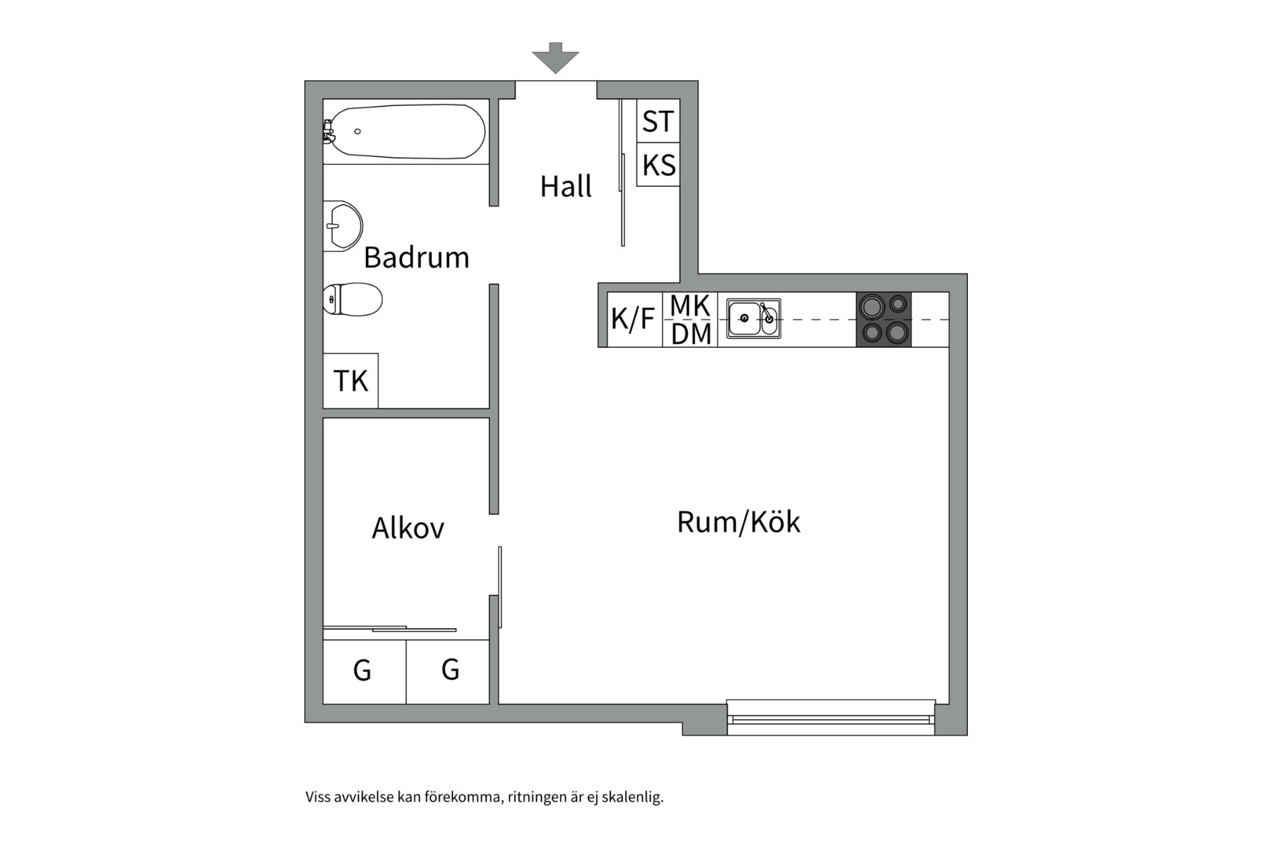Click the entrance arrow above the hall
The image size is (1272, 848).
click(555, 58)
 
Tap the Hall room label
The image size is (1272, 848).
click(565, 186)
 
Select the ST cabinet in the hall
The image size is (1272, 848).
click(658, 121)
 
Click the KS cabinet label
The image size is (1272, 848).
click(659, 165)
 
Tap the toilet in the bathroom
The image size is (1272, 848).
click(352, 298)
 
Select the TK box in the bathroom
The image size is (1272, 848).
click(350, 380)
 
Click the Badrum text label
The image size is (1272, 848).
click(416, 258)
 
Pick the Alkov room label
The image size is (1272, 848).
click(408, 528)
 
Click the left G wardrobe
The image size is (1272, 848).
click(364, 672)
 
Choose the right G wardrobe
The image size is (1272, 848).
click(448, 672)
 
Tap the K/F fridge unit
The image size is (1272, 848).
click(635, 320)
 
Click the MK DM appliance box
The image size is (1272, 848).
click(690, 320)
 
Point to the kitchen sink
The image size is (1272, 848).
click(754, 319)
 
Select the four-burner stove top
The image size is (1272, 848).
click(883, 320)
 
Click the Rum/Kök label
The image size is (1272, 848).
click(738, 522)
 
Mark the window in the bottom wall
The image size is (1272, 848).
click(831, 718)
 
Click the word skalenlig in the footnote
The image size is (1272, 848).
click(632, 797)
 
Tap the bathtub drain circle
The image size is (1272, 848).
click(357, 131)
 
